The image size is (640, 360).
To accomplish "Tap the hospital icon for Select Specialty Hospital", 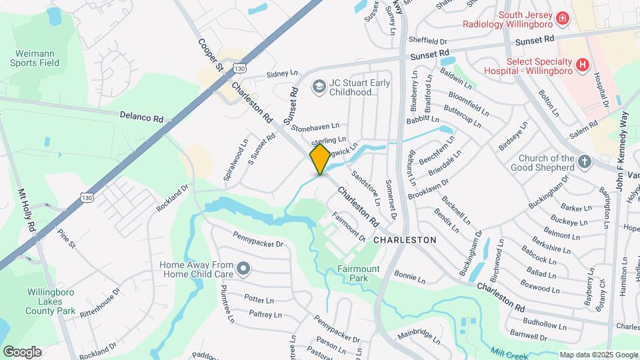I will [583, 65].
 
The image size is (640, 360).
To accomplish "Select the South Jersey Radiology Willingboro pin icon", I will [563, 18].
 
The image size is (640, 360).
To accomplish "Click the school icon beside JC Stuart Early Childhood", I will [319, 87].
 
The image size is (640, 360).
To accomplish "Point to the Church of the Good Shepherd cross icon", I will [584, 162].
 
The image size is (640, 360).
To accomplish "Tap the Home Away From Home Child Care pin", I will [244, 269].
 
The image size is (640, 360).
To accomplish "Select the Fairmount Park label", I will [358, 273].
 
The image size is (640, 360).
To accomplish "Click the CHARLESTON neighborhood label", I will [405, 239].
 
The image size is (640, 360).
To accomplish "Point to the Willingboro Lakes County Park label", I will [51, 301].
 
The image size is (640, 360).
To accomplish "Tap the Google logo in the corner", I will [22, 351].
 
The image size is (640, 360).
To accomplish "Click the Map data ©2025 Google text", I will [598, 355].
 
